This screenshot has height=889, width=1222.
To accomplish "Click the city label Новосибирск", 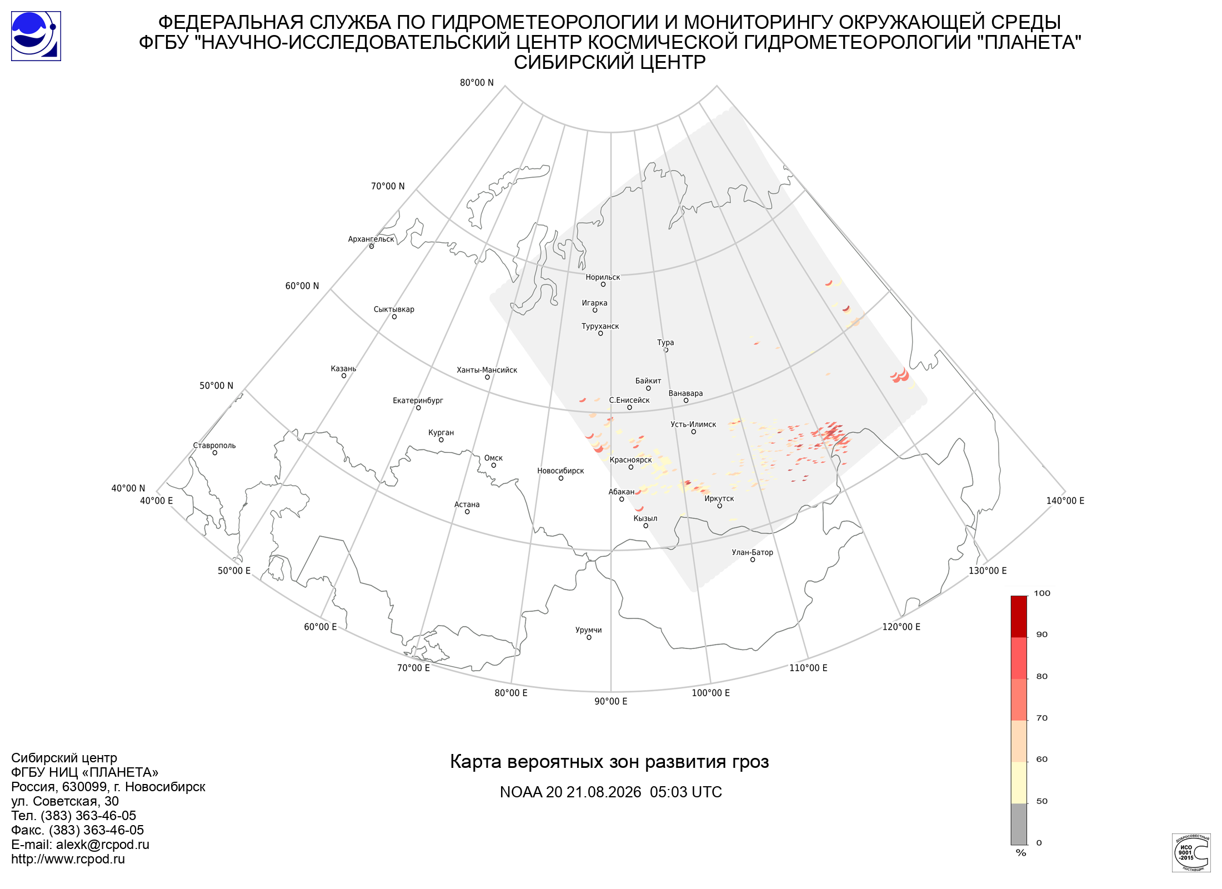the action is point(560,471).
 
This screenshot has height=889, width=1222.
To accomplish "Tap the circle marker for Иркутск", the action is point(719,506).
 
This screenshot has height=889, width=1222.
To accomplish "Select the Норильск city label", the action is point(603,277).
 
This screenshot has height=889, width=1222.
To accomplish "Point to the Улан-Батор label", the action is point(752,552).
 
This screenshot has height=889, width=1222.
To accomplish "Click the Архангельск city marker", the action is point(372,246).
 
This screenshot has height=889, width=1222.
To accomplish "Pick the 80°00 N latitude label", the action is point(477,83).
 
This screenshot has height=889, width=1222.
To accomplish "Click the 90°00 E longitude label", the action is point(611,701).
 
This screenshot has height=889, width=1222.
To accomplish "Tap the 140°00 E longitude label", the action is point(1065,501).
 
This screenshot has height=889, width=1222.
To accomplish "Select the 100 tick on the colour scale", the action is point(1042,593).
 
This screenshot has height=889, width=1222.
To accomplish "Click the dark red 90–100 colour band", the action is point(1019,616).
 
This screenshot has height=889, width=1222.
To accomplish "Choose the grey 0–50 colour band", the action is point(1019,824).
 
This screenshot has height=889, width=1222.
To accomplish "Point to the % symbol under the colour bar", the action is point(1021,853).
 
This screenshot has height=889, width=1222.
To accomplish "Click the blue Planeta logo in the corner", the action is point(36,36).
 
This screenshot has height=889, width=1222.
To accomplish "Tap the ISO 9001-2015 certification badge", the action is point(1191,852).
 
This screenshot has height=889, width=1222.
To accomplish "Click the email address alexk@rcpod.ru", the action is point(103,845).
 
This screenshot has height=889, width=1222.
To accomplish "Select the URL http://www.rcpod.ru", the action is point(68,859).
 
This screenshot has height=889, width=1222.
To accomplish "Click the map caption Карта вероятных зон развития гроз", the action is point(609,762).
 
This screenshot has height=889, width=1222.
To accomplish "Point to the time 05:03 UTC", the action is point(686,792).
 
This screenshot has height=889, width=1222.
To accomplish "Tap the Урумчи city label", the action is point(589,630).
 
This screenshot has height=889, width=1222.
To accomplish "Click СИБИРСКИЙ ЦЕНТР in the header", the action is point(610,62).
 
